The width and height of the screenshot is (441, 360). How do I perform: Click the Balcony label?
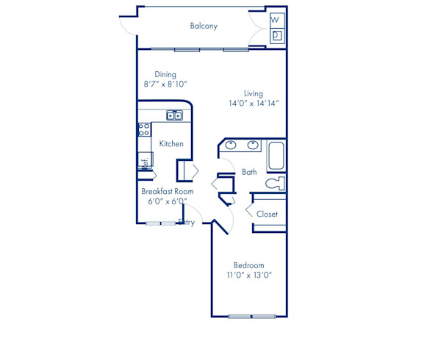(x=204, y=26)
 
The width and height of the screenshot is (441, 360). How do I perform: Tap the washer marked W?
(x=276, y=20)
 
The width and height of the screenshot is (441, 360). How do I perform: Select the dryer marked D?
(x=276, y=35)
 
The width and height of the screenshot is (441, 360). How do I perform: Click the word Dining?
(x=165, y=74)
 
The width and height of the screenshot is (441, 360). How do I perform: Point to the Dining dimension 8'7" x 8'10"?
(x=165, y=84)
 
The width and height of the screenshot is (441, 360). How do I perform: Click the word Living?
(x=254, y=94)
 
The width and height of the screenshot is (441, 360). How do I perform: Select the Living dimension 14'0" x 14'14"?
(x=253, y=104)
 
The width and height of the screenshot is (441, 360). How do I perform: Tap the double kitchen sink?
(x=174, y=115)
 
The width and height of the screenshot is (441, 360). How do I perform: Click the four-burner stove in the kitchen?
(x=144, y=130)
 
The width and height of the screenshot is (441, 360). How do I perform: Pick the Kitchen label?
(x=171, y=144)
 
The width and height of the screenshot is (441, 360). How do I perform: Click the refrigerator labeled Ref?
(x=145, y=161)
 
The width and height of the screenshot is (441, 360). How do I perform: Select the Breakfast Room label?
(x=168, y=191)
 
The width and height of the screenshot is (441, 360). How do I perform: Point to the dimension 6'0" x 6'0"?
(x=168, y=201)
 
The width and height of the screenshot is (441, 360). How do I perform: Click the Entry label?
(x=187, y=223)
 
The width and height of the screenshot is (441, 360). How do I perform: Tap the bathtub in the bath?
(x=277, y=156)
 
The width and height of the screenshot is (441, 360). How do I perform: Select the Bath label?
(x=249, y=173)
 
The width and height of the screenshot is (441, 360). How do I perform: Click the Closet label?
(x=267, y=215)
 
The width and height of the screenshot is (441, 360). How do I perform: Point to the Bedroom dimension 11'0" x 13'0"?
(x=249, y=276)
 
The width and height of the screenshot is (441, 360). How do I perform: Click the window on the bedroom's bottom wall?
(x=251, y=317)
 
